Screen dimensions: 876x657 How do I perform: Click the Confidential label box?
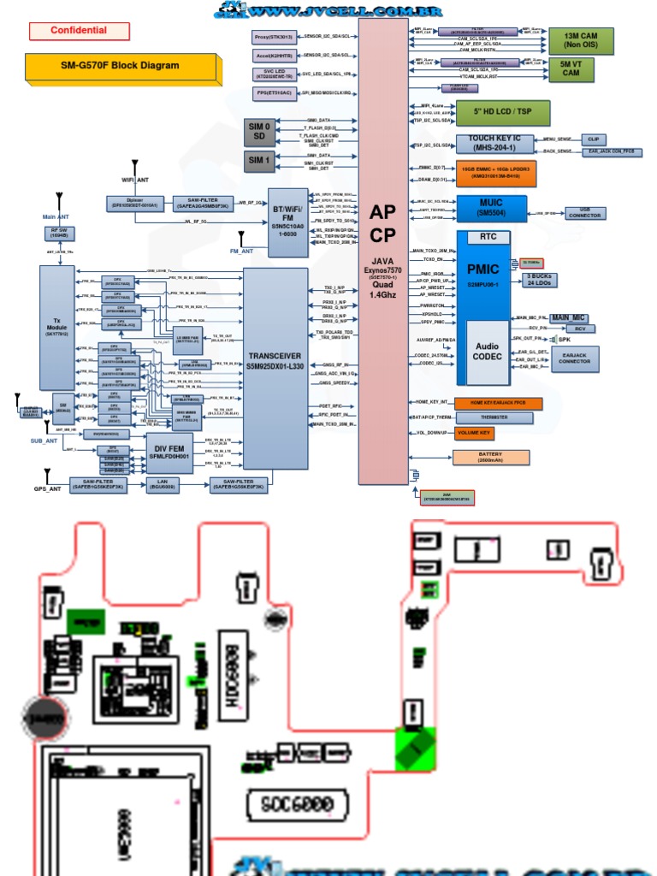tap(79, 31)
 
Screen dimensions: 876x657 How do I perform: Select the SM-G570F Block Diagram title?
tap(114, 66)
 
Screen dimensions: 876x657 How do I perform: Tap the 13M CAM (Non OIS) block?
tap(580, 40)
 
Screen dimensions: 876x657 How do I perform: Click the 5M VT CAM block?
tap(570, 69)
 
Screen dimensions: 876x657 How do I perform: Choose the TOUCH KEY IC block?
tap(498, 144)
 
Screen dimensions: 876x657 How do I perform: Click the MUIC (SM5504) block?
tap(491, 206)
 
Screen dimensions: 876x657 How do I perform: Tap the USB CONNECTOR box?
tap(584, 211)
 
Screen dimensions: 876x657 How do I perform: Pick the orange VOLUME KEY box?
tap(474, 434)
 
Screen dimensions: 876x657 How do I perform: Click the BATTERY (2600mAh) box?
tap(490, 457)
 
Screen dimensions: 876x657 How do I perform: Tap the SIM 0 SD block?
tap(259, 132)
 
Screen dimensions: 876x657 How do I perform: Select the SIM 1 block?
tap(259, 160)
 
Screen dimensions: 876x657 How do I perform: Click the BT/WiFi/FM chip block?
tap(288, 222)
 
